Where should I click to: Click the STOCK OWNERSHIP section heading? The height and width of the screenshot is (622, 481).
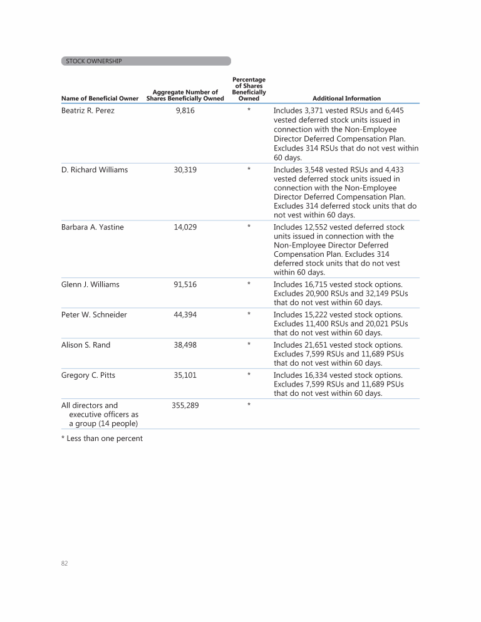point(94,61)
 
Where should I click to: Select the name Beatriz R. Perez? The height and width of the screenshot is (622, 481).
point(88,111)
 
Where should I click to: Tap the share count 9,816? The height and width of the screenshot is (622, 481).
point(185,111)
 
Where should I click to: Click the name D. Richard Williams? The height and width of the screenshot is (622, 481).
point(95,170)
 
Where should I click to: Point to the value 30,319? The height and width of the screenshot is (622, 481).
point(185,170)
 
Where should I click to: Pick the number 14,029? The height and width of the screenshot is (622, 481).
point(185,227)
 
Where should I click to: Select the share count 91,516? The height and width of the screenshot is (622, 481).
point(185,284)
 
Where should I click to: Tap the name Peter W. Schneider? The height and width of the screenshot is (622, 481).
point(94,314)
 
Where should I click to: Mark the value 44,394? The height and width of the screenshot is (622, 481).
point(185,314)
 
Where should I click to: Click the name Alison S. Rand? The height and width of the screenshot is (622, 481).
point(86,345)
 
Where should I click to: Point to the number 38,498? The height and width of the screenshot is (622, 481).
point(185,345)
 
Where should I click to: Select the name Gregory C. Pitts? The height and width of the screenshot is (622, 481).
point(88,375)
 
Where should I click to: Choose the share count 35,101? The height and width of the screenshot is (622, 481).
point(185,375)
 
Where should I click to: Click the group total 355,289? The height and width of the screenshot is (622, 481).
point(185,405)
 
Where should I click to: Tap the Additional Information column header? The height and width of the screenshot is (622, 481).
point(346,98)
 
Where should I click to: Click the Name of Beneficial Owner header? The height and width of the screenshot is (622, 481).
point(100,98)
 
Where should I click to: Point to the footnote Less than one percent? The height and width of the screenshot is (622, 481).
point(102,438)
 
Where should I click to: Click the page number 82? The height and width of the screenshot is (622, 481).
point(65,564)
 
